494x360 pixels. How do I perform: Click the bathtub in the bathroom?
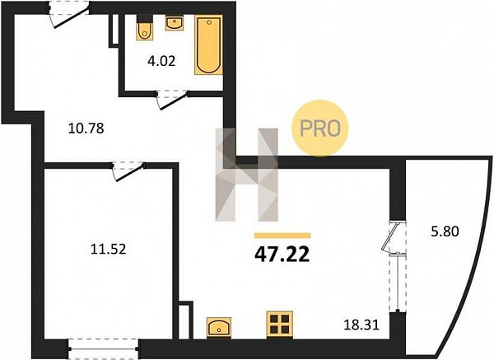click(208, 44)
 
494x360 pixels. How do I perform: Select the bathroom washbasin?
click(175, 22)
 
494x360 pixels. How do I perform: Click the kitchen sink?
click(219, 328)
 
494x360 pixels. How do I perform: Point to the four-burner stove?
click(279, 325)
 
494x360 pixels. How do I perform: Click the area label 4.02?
click(161, 61)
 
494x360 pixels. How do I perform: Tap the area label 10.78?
click(86, 129)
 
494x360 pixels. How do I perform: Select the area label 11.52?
click(109, 250)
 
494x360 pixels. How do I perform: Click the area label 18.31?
click(361, 325)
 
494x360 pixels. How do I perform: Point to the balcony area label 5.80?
click(445, 231)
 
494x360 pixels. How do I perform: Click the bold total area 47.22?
click(282, 255)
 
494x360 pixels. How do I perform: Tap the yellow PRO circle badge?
click(319, 128)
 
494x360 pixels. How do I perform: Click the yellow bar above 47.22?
click(282, 236)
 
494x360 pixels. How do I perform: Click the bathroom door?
click(172, 100)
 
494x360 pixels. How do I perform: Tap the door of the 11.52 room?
click(128, 171)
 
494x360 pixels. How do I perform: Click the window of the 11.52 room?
click(104, 348)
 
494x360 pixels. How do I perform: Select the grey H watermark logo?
click(247, 175)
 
